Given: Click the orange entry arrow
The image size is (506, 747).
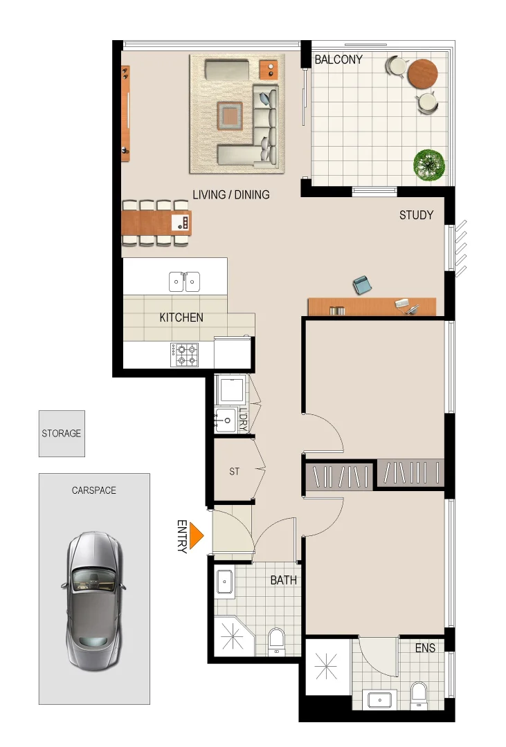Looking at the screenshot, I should (196, 537).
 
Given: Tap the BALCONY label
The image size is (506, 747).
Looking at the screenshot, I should (338, 59).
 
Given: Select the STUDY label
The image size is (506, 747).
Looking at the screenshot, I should (416, 215).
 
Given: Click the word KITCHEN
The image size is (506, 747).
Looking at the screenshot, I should (181, 317).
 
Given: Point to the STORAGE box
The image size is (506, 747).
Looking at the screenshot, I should (62, 434).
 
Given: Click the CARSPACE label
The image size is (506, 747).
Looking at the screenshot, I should (94, 490).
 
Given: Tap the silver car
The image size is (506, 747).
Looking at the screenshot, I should (94, 599).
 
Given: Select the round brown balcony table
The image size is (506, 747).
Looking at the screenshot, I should (422, 73).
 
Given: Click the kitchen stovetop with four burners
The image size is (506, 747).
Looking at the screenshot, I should (184, 355).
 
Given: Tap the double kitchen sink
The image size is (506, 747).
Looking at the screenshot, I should (184, 282).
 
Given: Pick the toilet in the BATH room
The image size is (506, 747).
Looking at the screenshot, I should (276, 640).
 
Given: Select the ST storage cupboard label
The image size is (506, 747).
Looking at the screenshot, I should (234, 472).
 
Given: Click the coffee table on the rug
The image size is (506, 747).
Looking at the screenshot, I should (231, 115).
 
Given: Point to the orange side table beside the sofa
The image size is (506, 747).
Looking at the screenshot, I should (269, 69).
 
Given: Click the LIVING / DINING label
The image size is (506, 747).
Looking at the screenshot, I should (231, 194).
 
